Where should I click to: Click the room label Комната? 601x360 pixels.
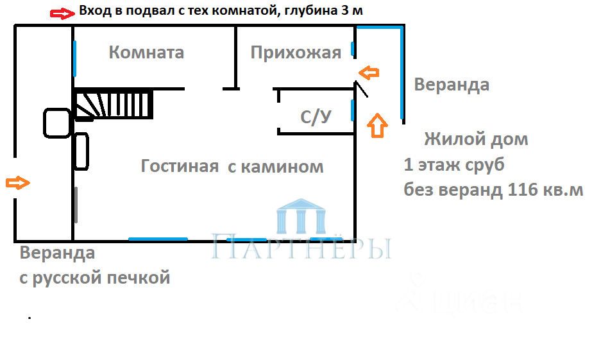click(146, 52)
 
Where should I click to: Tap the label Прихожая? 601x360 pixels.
click(296, 52)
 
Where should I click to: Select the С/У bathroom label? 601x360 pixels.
click(316, 117)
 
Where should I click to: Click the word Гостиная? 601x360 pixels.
click(180, 167)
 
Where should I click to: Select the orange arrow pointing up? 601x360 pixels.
click(377, 125)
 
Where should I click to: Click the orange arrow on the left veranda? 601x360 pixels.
click(17, 183)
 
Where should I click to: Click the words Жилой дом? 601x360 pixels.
click(476, 139)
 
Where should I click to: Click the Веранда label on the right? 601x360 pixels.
click(452, 85)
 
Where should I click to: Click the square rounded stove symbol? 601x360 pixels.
click(57, 123)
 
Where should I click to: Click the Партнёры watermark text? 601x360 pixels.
click(301, 248)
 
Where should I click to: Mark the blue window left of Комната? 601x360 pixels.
click(74, 57)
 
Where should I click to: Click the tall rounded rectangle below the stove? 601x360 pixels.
click(81, 151)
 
